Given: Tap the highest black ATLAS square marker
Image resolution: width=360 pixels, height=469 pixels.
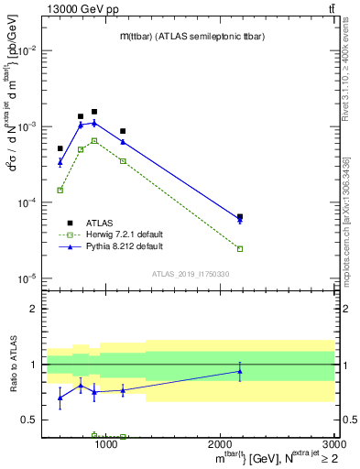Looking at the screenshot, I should [93, 112].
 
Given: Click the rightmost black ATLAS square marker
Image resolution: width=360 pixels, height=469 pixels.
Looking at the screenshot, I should [240, 217].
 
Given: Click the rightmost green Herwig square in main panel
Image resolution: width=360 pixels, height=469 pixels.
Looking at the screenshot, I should [240, 248].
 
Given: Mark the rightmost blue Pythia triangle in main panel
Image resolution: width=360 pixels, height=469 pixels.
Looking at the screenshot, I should [240, 220].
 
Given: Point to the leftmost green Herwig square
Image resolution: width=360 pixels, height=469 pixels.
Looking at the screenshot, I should [60, 190].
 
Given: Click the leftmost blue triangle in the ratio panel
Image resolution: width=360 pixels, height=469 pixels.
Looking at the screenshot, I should [60, 398].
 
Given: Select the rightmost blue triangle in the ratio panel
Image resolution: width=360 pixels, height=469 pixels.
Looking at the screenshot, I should [240, 371].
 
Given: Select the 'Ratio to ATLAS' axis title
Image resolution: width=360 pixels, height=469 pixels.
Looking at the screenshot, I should [12, 365].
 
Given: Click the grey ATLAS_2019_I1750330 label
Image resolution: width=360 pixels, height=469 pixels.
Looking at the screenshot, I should [190, 274].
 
